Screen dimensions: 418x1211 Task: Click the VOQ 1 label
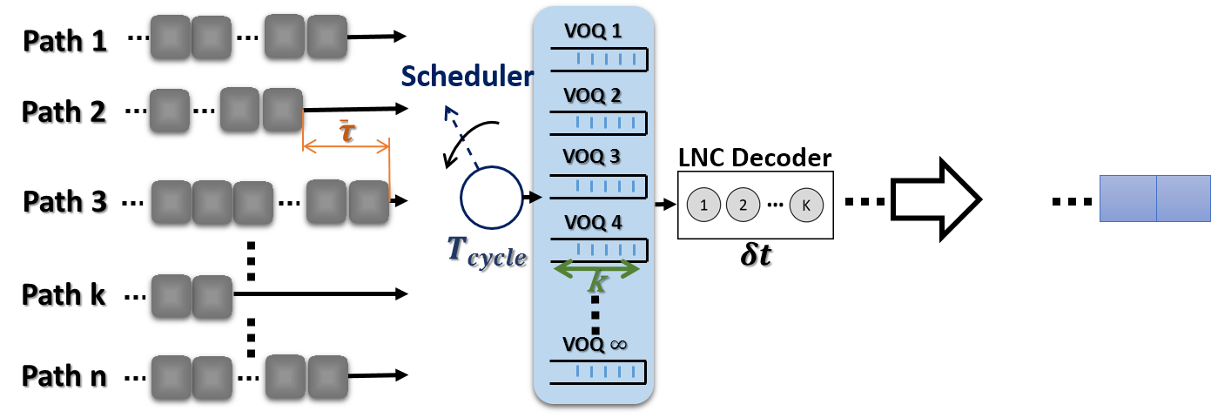point(593,32)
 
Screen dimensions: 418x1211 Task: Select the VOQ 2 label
point(593,95)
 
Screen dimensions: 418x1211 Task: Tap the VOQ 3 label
point(593,157)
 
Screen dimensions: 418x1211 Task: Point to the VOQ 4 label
point(593,222)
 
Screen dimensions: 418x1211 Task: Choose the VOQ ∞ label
point(595,344)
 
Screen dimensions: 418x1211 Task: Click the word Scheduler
point(467,77)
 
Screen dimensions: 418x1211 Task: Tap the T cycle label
point(486,251)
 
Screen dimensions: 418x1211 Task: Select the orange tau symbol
point(346,131)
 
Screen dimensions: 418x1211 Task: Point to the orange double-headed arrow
point(346,148)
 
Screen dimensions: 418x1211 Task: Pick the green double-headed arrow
point(597,269)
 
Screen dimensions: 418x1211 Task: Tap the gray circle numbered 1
point(703,206)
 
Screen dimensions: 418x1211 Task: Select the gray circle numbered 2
point(743,206)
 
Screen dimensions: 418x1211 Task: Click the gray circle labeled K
point(806,206)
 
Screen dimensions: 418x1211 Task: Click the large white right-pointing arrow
point(935,199)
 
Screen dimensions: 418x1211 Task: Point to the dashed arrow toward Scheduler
point(461,136)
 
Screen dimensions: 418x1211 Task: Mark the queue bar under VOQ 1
point(599,59)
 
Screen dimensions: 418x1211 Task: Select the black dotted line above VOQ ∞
point(595,314)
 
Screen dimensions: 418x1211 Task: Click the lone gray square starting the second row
point(169,111)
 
